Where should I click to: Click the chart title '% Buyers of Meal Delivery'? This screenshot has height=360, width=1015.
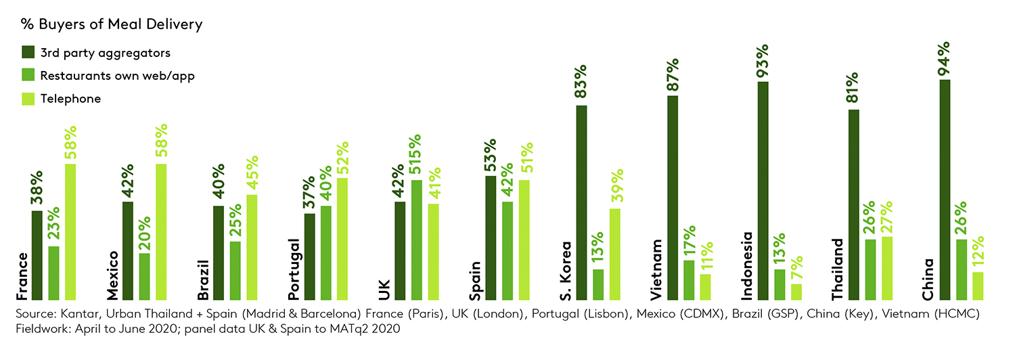tap(112, 25)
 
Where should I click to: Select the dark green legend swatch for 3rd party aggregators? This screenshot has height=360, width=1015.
tap(28, 53)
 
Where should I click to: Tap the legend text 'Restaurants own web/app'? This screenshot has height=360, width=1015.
tap(117, 76)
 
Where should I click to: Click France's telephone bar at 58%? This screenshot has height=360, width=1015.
tap(70, 231)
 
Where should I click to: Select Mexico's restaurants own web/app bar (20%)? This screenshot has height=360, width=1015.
tap(145, 276)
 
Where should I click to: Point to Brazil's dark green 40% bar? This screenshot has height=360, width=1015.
tap(219, 252)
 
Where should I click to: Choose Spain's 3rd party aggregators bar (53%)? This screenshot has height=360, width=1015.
tap(491, 238)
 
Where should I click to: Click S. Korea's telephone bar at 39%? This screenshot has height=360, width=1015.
tap(615, 254)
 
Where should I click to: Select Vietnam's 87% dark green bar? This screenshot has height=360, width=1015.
tap(673, 198)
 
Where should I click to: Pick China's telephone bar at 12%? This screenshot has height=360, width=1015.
tap(977, 286)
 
